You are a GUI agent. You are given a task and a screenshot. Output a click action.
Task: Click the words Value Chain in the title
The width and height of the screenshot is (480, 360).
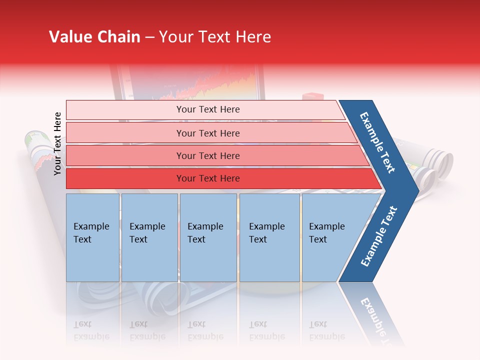click(94, 37)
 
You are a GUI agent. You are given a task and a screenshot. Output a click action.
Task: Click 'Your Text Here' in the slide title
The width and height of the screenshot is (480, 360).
click(215, 37)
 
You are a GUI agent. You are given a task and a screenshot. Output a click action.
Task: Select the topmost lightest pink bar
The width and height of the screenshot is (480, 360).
click(207, 109)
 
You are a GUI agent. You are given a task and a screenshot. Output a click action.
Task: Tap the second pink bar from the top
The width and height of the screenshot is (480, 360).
click(207, 133)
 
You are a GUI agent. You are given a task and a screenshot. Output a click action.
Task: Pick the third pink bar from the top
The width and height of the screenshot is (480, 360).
click(207, 155)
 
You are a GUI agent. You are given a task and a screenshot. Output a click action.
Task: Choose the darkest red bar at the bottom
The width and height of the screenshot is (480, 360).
click(207, 178)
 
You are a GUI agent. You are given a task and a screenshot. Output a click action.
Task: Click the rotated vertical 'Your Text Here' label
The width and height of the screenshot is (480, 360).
click(57, 143)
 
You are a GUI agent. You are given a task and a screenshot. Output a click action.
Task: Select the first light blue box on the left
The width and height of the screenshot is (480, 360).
click(92, 237)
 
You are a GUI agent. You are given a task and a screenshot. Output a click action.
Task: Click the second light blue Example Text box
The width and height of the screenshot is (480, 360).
click(149, 237)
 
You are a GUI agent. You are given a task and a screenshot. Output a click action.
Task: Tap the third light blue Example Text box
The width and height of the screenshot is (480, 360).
click(208, 237)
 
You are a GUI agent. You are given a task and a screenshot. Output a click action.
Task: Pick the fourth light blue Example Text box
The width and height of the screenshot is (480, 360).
click(269, 237)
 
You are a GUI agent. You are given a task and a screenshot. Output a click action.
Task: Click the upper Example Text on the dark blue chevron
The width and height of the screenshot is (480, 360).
click(378, 142)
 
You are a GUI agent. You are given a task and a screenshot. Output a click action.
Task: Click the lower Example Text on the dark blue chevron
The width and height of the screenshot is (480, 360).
click(379, 236)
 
